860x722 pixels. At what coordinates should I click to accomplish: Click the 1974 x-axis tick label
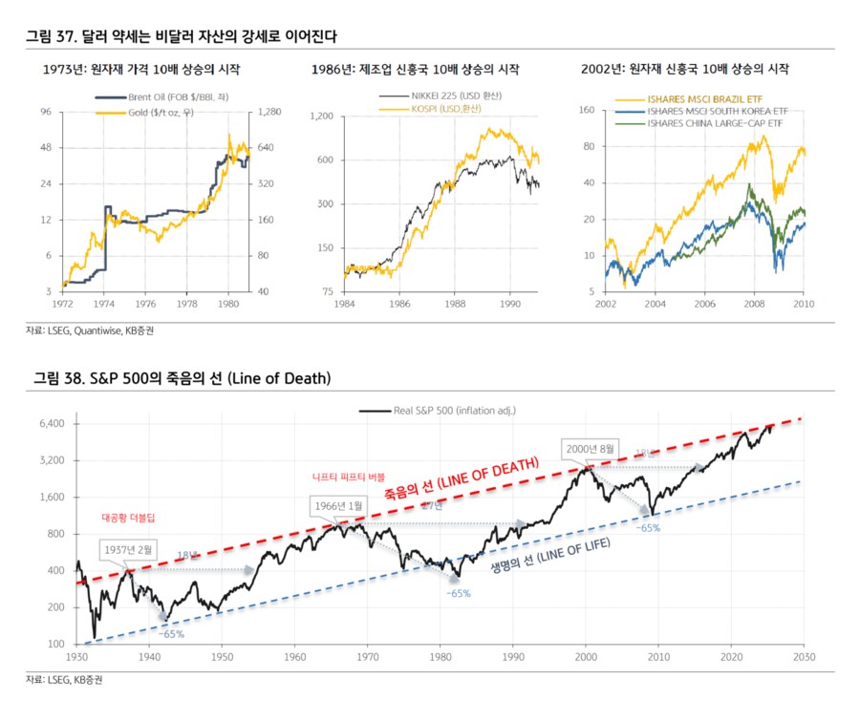tap(103, 305)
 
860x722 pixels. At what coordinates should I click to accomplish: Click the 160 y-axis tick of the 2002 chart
tap(589, 112)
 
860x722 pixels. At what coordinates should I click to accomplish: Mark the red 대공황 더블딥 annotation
tap(128, 517)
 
